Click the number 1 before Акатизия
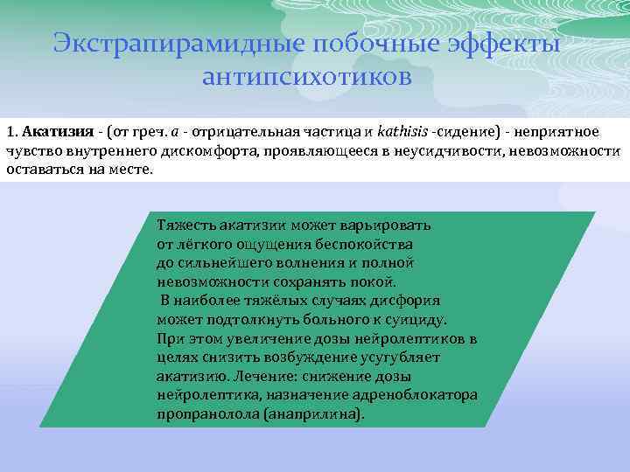10,132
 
